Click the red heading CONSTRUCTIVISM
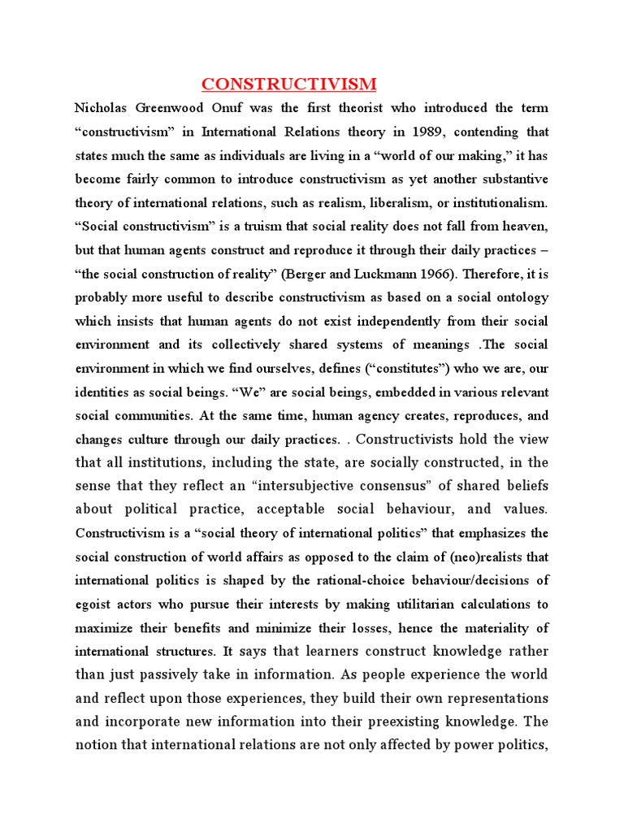point(289,84)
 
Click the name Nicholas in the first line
point(102,108)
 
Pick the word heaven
point(523,227)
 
